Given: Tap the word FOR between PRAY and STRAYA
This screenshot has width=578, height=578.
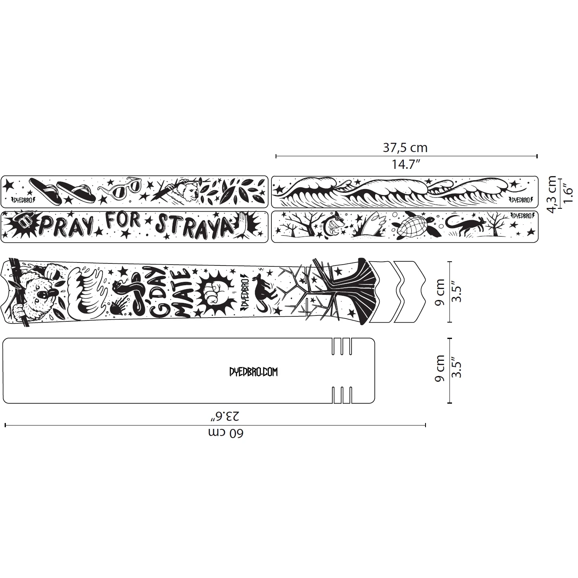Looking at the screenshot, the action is pyautogui.click(x=123, y=221).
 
